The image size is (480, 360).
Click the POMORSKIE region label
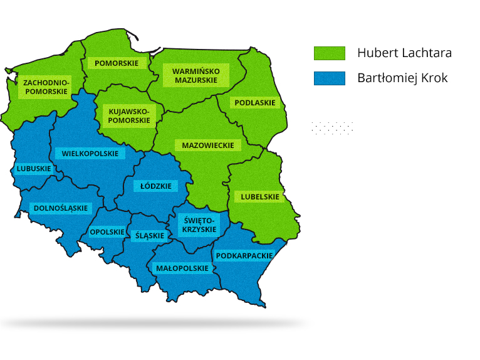coord(117,63)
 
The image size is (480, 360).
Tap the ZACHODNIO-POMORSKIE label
coord(45,87)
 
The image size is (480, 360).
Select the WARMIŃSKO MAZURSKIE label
coord(196,76)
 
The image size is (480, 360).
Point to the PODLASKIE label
coord(255,103)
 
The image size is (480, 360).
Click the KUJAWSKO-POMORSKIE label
coord(129,115)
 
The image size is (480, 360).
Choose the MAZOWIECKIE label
coord(207,146)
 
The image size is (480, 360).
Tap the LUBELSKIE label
coord(260,197)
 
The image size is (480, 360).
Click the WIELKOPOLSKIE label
coord(90,154)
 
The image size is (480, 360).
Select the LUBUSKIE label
coord(34,169)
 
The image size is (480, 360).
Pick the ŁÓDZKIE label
coord(155,186)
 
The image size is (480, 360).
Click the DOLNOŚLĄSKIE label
coord(60,208)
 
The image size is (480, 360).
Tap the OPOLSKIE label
coord(107,231)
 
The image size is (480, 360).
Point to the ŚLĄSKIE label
coord(150,236)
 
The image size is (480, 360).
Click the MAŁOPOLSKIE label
coord(182,268)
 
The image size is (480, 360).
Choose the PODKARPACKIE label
coord(244,256)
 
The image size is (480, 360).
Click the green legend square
coord(329,53)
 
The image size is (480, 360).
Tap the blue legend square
coord(329,78)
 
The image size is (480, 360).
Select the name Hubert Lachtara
coord(404,53)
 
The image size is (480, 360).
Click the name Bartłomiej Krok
coord(402,78)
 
